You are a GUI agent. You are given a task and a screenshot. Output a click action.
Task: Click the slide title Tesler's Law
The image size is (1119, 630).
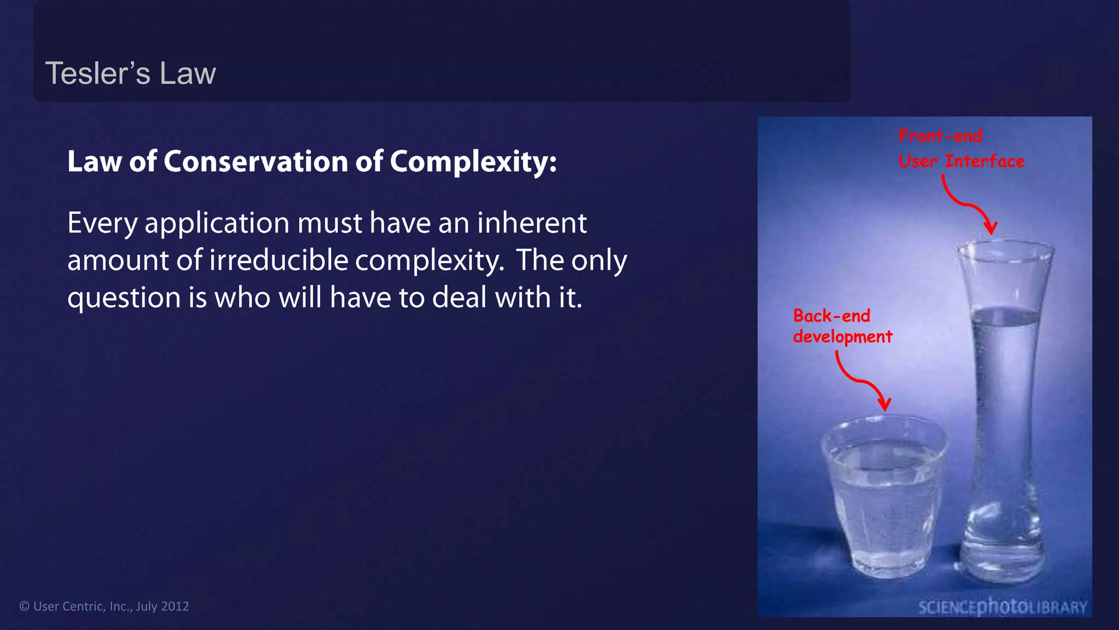click(x=130, y=73)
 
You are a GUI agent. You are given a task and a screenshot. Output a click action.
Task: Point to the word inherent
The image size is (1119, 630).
click(x=532, y=223)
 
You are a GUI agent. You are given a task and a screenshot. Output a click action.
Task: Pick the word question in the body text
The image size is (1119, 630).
click(x=124, y=299)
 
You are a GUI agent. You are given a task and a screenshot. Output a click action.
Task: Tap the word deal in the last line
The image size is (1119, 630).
click(x=460, y=297)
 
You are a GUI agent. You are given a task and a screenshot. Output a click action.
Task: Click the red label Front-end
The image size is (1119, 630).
click(x=940, y=136)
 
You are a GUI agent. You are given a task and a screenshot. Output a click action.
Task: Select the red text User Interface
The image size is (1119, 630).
click(x=962, y=161)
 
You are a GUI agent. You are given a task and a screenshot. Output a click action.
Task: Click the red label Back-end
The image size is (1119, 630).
click(x=832, y=316)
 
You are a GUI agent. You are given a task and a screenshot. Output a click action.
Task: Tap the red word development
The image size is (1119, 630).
click(x=843, y=337)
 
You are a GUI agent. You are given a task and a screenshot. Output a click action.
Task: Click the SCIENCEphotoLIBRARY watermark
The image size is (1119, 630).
click(x=1003, y=606)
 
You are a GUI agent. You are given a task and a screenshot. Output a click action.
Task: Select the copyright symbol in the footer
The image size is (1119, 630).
click(x=24, y=606)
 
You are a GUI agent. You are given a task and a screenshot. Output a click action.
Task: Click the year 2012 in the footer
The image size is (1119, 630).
click(x=175, y=606)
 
